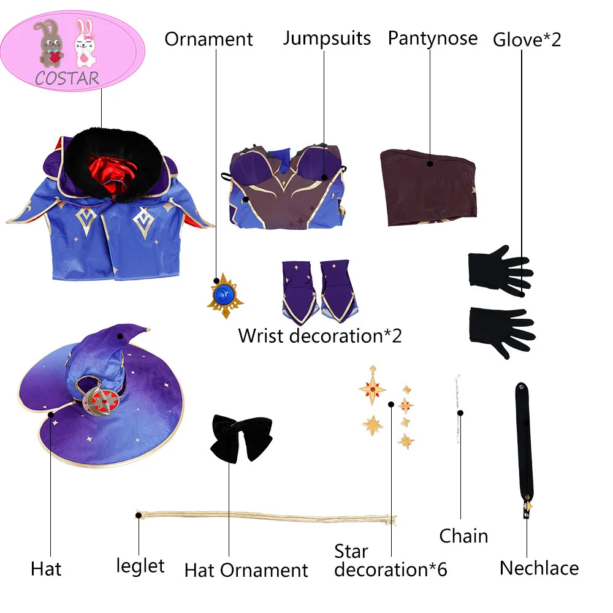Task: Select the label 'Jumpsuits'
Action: (x=327, y=38)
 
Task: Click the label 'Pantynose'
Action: (x=432, y=38)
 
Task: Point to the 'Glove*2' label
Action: (x=527, y=40)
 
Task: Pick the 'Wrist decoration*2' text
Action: (x=319, y=335)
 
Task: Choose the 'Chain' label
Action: (x=463, y=536)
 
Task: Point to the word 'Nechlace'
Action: (x=539, y=568)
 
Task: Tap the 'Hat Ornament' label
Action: (x=246, y=570)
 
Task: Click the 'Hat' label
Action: (x=46, y=569)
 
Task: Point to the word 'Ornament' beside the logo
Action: (x=208, y=39)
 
